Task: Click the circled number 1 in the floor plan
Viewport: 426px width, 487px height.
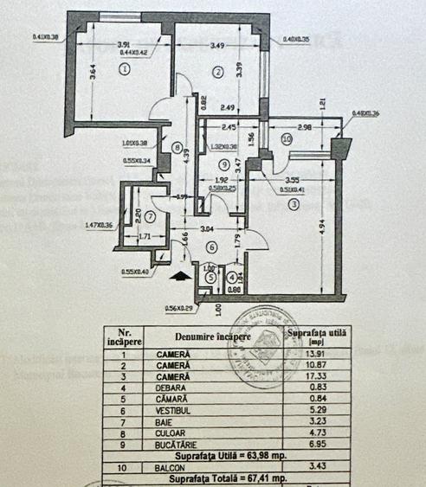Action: pyautogui.click(x=126, y=69)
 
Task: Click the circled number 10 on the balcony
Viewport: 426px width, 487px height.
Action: pyautogui.click(x=286, y=138)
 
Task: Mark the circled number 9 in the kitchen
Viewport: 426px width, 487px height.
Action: pyautogui.click(x=223, y=163)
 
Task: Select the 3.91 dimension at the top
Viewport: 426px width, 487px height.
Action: pyautogui.click(x=123, y=44)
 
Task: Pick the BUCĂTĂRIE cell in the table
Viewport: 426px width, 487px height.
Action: pyautogui.click(x=178, y=444)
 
